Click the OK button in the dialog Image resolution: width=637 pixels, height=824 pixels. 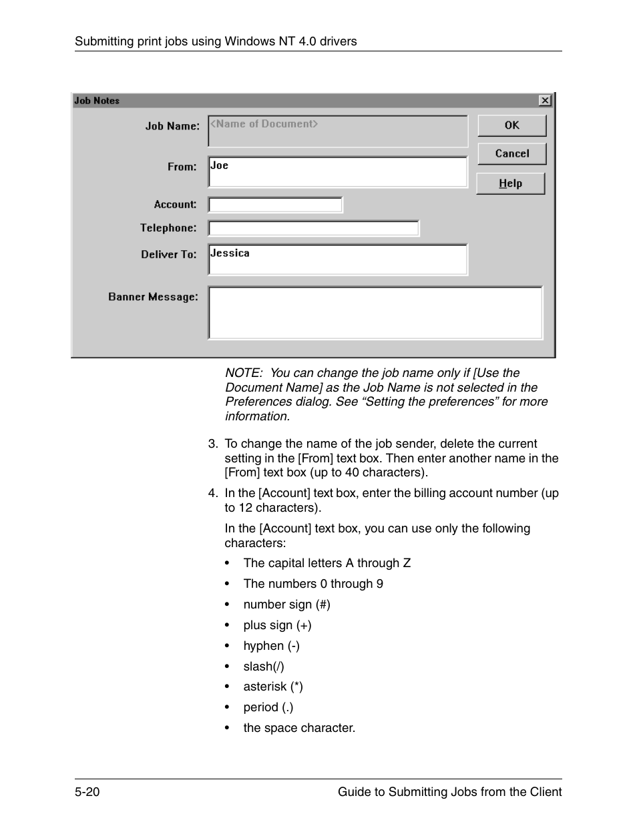pos(511,125)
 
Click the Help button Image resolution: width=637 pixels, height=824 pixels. pos(510,183)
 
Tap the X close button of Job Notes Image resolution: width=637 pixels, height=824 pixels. pos(545,100)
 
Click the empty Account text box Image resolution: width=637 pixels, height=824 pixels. pos(275,205)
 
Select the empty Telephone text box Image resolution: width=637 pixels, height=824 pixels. pos(313,228)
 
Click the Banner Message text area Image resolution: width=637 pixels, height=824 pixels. pos(375,313)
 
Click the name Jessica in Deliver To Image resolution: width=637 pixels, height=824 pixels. pos(230,254)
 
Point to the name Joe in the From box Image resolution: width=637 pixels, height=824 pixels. pos(219,165)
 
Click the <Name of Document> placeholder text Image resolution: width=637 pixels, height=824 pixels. pos(264,124)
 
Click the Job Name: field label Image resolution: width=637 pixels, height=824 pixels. pos(172,126)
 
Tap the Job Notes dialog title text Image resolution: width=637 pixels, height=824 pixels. pos(97,101)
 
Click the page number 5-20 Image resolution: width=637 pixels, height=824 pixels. pos(87,792)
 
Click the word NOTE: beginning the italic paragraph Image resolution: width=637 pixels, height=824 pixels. pos(243,373)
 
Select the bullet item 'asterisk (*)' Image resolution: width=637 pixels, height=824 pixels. pos(272,687)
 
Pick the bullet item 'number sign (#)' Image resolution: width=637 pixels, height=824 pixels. pos(286,604)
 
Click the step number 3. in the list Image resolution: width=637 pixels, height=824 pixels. pos(213,444)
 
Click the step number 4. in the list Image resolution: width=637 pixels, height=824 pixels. pos(213,493)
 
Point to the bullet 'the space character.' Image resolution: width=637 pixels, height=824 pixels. pos(299,728)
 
